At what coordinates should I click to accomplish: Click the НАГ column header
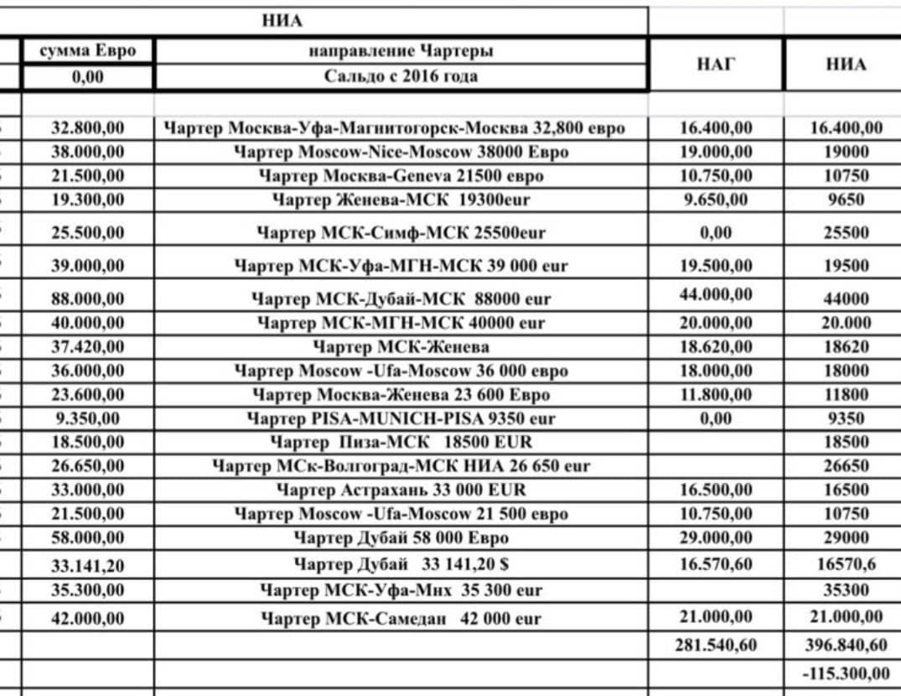click(x=716, y=65)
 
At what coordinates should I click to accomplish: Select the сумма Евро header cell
click(x=87, y=51)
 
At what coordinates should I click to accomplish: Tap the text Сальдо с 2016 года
click(x=401, y=76)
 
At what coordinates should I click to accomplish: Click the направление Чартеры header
click(x=401, y=51)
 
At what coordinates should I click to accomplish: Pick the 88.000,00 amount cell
click(x=87, y=298)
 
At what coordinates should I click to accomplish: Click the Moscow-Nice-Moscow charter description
click(x=401, y=153)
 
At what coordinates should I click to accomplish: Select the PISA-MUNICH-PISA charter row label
click(x=401, y=418)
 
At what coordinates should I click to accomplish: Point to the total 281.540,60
click(x=716, y=645)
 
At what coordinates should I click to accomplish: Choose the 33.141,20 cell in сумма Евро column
click(x=87, y=564)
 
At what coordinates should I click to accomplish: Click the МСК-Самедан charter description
click(x=401, y=619)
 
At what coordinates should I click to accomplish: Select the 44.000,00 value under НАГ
click(x=716, y=295)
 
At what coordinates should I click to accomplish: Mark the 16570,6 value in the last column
click(x=846, y=564)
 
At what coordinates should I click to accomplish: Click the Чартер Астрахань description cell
click(x=401, y=490)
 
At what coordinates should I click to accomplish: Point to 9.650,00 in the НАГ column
click(x=716, y=200)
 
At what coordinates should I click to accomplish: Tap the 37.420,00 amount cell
click(x=87, y=346)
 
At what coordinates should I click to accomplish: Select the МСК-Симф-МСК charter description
click(x=401, y=233)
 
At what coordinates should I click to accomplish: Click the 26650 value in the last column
click(x=846, y=465)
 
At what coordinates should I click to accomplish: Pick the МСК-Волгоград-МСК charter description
click(x=401, y=465)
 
